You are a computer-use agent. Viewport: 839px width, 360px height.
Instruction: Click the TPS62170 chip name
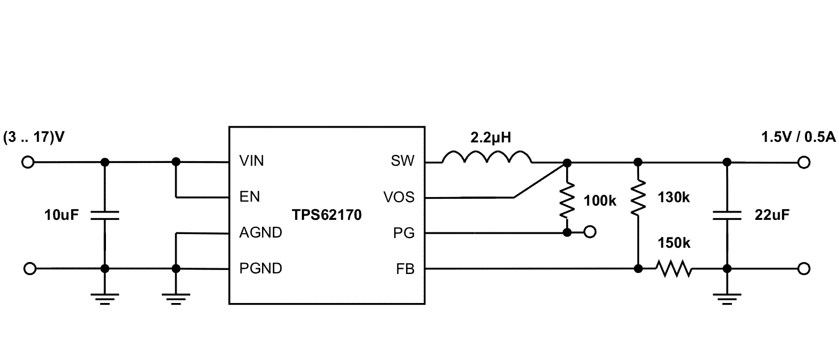pyautogui.click(x=326, y=215)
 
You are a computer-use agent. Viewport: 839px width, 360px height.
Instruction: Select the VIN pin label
pyautogui.click(x=252, y=162)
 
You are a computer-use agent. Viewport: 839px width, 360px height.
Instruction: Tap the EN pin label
pyautogui.click(x=249, y=197)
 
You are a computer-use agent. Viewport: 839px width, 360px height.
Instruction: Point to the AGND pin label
pyautogui.click(x=260, y=232)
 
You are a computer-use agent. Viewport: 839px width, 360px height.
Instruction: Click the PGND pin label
pyautogui.click(x=260, y=268)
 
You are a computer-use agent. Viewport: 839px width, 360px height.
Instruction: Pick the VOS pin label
pyautogui.click(x=399, y=197)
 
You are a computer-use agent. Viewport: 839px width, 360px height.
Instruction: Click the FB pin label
pyautogui.click(x=405, y=268)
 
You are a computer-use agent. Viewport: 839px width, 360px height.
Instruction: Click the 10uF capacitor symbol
pyautogui.click(x=104, y=215)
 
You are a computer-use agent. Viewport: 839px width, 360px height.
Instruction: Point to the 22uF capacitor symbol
pyautogui.click(x=726, y=215)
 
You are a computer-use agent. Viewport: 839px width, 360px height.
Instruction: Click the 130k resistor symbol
pyautogui.click(x=637, y=197)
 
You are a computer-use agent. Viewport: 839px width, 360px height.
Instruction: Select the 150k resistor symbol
pyautogui.click(x=674, y=268)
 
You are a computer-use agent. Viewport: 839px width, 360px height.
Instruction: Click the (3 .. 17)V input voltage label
pyautogui.click(x=34, y=137)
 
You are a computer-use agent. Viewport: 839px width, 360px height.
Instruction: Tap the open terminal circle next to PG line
pyautogui.click(x=591, y=232)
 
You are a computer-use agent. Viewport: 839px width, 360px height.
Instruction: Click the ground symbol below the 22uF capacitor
pyautogui.click(x=726, y=298)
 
